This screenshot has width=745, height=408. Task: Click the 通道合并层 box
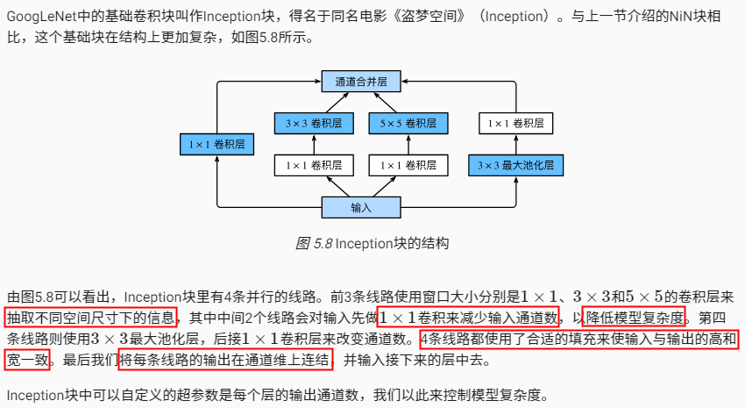tap(360, 81)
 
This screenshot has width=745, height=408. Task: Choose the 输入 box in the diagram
tap(360, 207)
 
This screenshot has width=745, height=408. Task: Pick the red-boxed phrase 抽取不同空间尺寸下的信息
tap(91, 316)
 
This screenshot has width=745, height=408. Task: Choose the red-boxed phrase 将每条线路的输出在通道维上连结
tap(226, 359)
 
